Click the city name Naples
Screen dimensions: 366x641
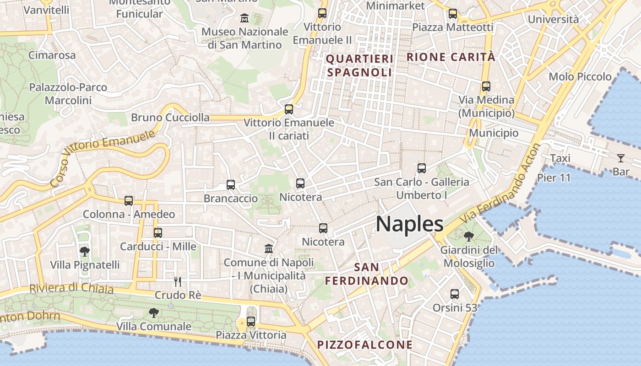point(409,224)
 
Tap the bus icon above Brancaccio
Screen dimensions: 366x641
point(231,185)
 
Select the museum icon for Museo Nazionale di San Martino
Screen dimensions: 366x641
point(244,18)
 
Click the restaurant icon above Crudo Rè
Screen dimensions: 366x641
point(178,281)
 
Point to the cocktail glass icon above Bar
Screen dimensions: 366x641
point(621,158)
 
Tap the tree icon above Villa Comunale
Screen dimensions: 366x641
point(153,313)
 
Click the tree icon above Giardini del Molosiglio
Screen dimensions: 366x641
point(468,237)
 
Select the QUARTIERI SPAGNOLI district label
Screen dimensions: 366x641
point(359,65)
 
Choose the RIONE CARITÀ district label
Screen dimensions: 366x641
point(451,57)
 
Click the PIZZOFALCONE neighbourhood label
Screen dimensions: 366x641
point(365,344)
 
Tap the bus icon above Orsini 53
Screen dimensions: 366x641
point(455,294)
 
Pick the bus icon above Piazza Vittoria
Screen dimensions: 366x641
point(251,322)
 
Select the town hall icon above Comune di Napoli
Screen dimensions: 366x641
point(269,249)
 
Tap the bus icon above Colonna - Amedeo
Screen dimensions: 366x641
point(129,200)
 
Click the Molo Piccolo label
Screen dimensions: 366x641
point(580,76)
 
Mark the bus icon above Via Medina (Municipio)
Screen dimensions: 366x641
point(486,86)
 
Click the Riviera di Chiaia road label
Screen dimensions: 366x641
point(71,289)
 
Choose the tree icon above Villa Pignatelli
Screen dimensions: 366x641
point(84,251)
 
